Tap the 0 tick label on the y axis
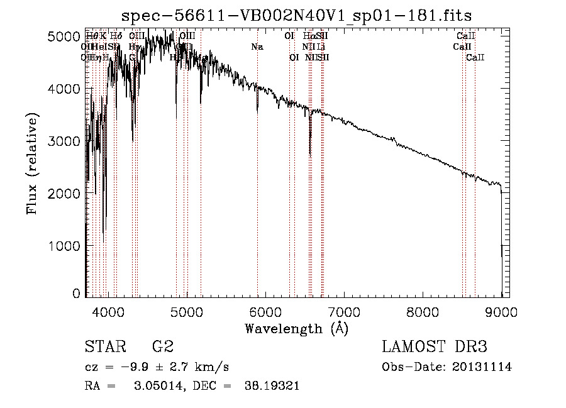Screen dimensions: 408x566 tap(77, 294)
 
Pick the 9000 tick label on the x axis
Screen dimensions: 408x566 tap(501, 311)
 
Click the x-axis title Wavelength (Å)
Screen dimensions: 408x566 tap(296, 328)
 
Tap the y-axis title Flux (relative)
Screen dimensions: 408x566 tap(31, 163)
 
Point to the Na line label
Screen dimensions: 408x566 tap(257, 47)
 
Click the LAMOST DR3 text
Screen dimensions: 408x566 tap(435, 347)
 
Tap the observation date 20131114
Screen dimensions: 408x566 tap(482, 367)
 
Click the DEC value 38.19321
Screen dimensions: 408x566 tap(271, 386)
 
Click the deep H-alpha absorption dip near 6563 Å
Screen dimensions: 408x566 tap(310, 151)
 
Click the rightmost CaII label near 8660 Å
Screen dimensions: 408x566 tap(475, 58)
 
